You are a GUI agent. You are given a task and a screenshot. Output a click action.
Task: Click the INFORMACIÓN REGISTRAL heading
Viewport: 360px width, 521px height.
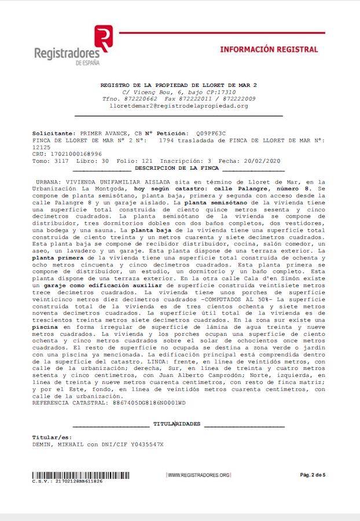point(269,50)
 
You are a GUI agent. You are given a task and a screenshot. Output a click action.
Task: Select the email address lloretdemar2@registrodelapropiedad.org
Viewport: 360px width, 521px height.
point(178,106)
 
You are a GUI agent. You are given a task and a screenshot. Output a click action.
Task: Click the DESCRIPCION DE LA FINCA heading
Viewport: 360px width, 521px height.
point(177,168)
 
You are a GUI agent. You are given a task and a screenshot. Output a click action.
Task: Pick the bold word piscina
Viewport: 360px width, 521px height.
point(45,327)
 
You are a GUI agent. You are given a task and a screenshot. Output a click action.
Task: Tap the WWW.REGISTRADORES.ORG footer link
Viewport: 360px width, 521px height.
point(199,475)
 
